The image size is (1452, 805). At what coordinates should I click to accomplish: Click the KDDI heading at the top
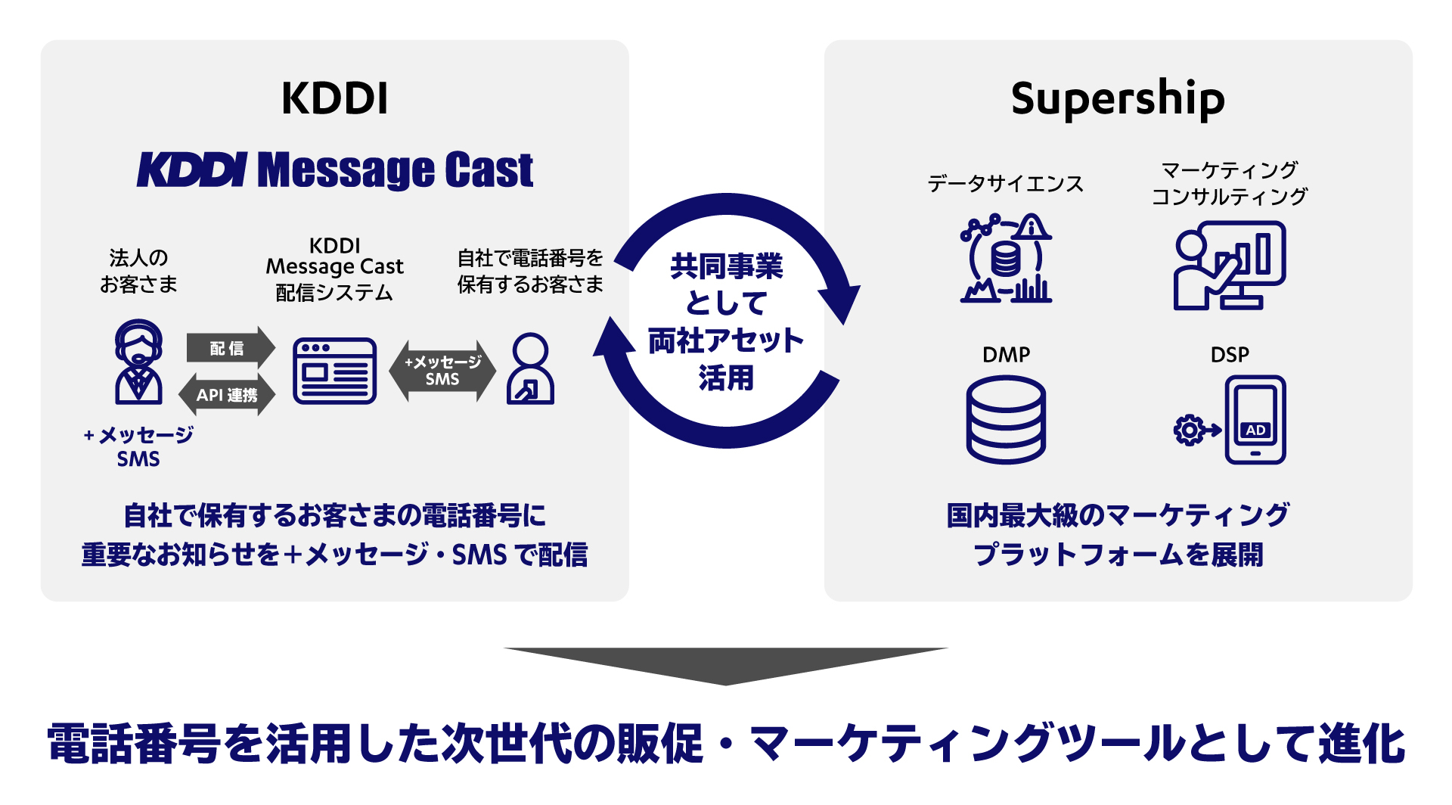(x=334, y=98)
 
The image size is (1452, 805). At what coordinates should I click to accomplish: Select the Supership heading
(x=1117, y=99)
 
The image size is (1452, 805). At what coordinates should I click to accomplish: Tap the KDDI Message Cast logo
(x=334, y=169)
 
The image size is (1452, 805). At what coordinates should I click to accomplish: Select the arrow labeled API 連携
(x=227, y=395)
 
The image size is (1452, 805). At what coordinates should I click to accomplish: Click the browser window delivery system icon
(x=334, y=371)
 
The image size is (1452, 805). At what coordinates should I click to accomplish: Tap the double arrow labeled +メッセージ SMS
(x=442, y=371)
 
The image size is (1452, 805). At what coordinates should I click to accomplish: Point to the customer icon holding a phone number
(x=530, y=369)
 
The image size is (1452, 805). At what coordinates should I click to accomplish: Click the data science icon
(x=1005, y=260)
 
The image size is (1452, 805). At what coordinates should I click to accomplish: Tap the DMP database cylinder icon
(x=1006, y=420)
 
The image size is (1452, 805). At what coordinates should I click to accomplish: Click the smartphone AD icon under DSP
(x=1255, y=420)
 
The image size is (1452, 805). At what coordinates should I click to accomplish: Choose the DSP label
(x=1230, y=354)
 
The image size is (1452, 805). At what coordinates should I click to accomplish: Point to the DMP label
(x=1006, y=354)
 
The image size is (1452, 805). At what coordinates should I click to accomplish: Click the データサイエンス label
(x=1005, y=184)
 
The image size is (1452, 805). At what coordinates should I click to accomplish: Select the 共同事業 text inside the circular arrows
(x=726, y=266)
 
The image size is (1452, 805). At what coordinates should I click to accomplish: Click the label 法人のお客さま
(x=138, y=271)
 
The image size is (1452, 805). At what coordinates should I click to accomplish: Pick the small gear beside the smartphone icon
(x=1188, y=430)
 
